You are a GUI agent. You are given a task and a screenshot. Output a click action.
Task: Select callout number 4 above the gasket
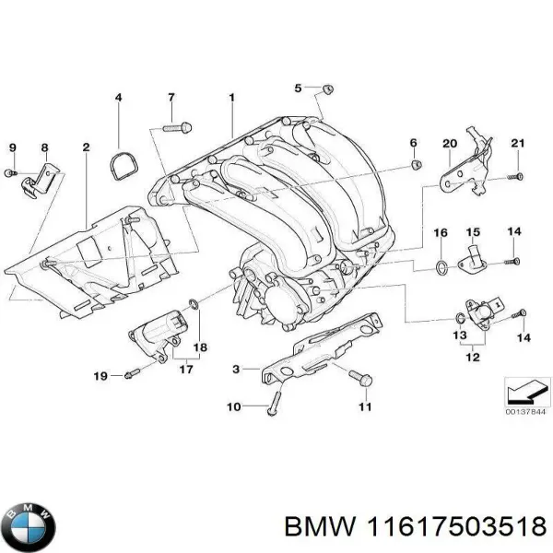pos(118,98)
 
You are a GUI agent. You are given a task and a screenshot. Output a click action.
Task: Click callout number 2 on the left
pos(86,147)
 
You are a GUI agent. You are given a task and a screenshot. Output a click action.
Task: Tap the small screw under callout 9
pos(12,172)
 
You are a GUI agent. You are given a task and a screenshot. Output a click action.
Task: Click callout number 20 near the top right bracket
pos(450,143)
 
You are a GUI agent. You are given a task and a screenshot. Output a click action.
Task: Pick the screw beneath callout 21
pos(517,175)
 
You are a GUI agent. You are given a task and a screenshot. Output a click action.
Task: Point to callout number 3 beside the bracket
pos(236,369)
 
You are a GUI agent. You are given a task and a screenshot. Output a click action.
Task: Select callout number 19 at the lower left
pos(101,375)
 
